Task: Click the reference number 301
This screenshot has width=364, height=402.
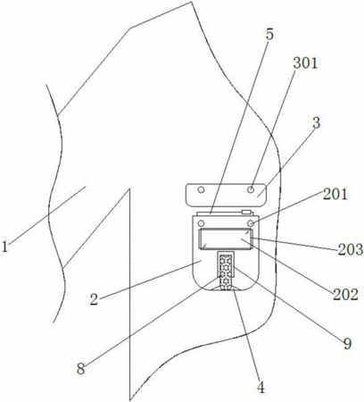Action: pos(305,63)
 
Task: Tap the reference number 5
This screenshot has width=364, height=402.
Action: pos(269,35)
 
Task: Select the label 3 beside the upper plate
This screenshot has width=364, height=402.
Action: pos(317,122)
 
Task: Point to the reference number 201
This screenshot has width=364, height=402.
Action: pos(335,194)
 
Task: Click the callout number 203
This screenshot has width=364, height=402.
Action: pos(351,249)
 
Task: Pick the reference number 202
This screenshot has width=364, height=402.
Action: pos(345,295)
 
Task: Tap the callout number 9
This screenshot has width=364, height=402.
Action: pos(347,344)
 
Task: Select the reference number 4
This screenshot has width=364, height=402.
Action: pos(261,388)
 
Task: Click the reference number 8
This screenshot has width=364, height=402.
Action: pos(81,369)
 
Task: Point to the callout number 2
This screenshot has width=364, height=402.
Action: pos(94,299)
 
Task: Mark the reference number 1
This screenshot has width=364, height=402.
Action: pos(4,247)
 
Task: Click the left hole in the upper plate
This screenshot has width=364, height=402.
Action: pos(202,189)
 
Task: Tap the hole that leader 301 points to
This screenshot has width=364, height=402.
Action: pos(251,189)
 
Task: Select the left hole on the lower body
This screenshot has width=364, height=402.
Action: pos(202,223)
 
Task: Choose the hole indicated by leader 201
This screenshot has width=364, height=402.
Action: pos(251,223)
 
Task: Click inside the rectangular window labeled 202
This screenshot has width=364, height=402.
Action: pos(225,239)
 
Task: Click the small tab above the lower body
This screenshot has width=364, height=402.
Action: pos(246,212)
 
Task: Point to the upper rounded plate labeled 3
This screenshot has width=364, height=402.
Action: pos(226,195)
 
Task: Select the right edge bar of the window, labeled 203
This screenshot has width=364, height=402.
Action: pos(252,239)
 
